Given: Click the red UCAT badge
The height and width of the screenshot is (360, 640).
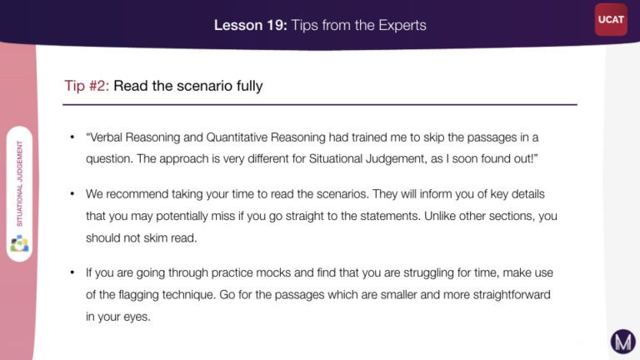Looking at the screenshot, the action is [611, 20].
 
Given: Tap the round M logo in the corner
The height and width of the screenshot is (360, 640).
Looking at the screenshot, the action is [622, 341].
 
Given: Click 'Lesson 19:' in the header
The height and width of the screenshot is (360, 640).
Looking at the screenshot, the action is [251, 25].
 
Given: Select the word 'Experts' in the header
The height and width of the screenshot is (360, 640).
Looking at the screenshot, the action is [402, 26].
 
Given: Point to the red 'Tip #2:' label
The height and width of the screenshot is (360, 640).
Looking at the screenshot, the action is [87, 86].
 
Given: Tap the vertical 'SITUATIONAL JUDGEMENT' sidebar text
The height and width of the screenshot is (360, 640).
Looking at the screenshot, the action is [20, 183].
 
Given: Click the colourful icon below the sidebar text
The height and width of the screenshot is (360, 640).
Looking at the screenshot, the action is [20, 243].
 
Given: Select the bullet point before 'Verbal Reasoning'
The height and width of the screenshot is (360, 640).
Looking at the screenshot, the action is [72, 137].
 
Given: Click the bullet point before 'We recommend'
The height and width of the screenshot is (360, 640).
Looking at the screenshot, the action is [72, 194].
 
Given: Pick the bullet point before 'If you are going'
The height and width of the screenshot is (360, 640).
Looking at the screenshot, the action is [72, 272].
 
